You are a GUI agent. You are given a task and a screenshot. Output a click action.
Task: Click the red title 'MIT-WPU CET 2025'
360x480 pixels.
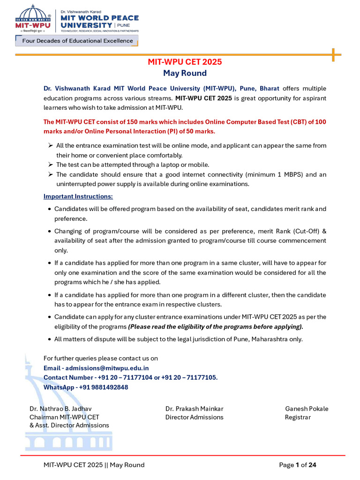185,62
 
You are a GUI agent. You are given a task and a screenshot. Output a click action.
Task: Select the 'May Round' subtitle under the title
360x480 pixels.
185,73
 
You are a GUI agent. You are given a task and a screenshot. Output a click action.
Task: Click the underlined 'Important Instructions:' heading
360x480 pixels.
78,196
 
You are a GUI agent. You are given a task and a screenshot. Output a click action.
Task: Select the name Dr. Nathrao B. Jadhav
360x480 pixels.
60,409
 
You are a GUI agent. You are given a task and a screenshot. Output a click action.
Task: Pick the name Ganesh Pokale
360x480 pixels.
307,409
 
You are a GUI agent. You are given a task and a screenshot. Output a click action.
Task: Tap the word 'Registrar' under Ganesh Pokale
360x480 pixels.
298,417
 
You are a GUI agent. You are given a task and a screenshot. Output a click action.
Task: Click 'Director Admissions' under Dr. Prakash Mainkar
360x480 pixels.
195,417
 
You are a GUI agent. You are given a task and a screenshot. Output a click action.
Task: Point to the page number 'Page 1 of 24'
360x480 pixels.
298,465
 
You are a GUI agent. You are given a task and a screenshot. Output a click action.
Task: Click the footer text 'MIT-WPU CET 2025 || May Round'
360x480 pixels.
94,465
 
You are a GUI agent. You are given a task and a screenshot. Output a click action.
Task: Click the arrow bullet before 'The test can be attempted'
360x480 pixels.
50,165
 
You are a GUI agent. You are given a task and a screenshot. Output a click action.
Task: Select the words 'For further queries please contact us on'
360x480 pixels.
100,359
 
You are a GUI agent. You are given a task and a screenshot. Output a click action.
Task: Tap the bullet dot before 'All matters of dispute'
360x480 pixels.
49,339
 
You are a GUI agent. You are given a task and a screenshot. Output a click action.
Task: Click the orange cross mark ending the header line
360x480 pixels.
333,55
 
